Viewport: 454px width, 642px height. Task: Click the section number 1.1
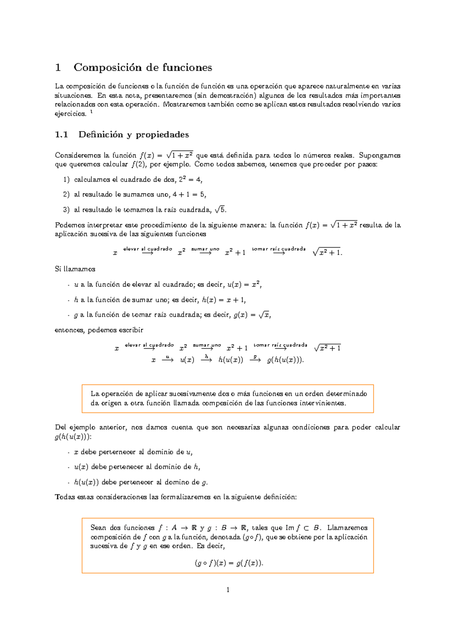(61, 135)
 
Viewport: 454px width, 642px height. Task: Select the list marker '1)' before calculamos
(67, 180)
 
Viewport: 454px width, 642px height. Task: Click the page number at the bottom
(227, 590)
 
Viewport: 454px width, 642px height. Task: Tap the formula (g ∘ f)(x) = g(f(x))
(229, 563)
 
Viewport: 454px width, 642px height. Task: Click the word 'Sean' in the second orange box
(98, 528)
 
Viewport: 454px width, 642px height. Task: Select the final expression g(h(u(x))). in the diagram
(285, 360)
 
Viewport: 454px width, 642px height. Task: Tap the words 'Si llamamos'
(75, 269)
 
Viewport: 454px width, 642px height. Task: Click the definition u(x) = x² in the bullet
(244, 285)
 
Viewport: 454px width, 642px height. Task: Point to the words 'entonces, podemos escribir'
(99, 330)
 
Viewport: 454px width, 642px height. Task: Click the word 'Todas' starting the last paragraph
(65, 497)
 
